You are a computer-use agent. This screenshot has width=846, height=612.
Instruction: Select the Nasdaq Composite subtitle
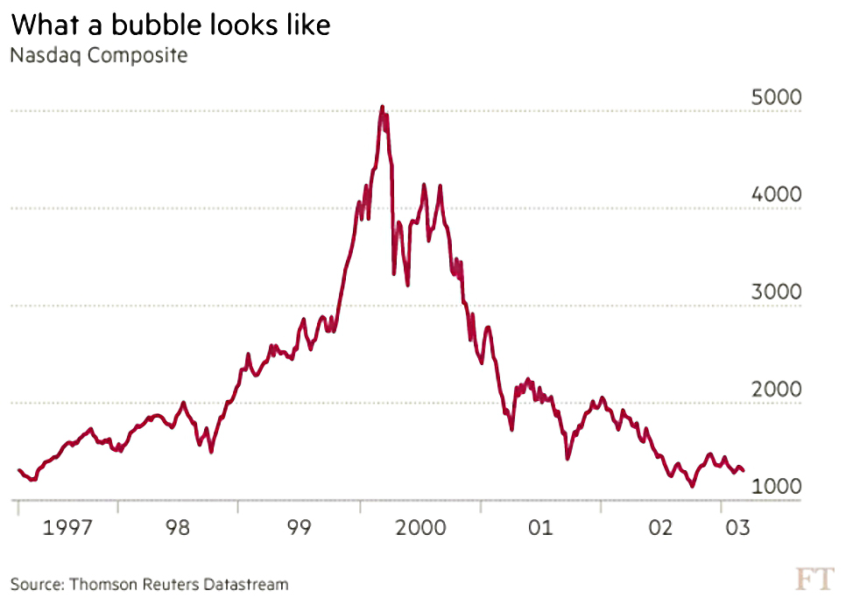tap(99, 55)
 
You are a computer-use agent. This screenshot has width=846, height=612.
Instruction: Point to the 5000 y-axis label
tap(777, 97)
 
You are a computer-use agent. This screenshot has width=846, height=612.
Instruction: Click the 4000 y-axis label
tap(777, 194)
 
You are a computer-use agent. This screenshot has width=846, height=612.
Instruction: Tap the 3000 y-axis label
tap(777, 292)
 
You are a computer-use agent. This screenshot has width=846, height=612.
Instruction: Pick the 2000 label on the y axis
tap(777, 389)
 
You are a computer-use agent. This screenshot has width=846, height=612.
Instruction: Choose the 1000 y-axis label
tap(777, 486)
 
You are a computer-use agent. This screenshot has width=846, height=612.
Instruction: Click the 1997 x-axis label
tap(67, 527)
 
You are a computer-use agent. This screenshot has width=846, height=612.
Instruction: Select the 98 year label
tap(178, 527)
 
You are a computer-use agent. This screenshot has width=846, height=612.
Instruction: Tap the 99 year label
tap(299, 527)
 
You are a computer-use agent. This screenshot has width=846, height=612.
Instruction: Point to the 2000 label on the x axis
tap(421, 527)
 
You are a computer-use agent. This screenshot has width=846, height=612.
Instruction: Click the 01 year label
tap(540, 527)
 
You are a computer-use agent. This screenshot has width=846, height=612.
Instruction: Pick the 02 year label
tap(660, 527)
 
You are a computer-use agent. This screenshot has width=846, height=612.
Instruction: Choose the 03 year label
tap(737, 527)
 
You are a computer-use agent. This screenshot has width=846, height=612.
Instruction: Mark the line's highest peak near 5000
tap(383, 107)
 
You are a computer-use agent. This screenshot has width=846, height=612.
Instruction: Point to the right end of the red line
tap(744, 470)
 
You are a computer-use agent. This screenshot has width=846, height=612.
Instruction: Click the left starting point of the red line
tap(19, 470)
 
